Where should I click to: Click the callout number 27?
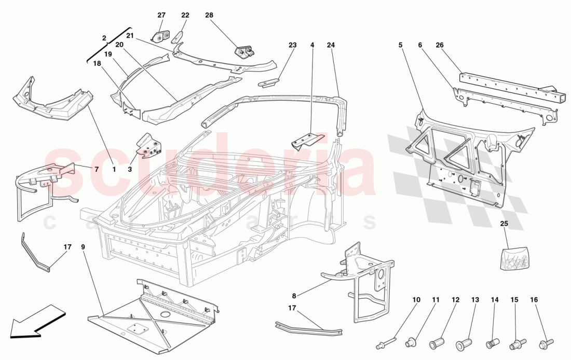tap(161, 16)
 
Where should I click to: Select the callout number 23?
tap(292, 46)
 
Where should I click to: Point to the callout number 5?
tap(401, 46)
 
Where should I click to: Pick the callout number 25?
tap(504, 224)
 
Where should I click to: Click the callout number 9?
tap(83, 247)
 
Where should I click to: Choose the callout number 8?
tap(294, 296)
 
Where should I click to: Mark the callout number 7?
tap(96, 169)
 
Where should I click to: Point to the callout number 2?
tap(104, 38)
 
